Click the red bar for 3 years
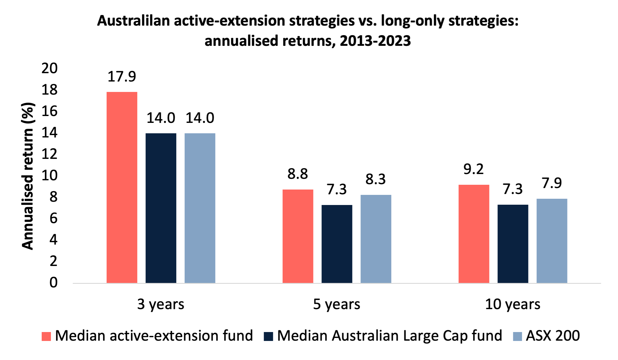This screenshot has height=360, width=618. click(x=122, y=187)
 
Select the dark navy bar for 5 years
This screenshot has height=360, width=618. click(x=337, y=244)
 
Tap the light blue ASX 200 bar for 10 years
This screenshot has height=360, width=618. click(x=552, y=241)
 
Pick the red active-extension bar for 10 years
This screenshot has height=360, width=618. click(x=474, y=234)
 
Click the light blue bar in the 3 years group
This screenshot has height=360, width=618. click(x=200, y=208)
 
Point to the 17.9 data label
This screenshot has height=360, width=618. click(x=122, y=77)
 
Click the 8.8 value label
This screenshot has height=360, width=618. click(x=297, y=174)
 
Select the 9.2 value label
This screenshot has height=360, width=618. click(x=473, y=169)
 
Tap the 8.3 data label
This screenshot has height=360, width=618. click(x=375, y=179)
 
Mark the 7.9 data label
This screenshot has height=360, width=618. click(x=552, y=183)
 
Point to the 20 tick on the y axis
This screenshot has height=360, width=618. click(x=49, y=68)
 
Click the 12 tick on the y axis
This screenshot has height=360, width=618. click(x=49, y=154)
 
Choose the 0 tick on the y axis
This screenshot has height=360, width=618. click(x=53, y=283)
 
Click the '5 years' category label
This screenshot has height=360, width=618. click(x=336, y=304)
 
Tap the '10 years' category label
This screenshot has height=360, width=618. click(x=513, y=304)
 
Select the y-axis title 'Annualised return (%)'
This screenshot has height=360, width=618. click(x=28, y=176)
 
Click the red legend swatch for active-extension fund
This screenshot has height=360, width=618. click(x=46, y=336)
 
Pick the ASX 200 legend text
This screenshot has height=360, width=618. click(x=553, y=336)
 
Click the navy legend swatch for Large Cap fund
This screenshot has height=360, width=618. click(x=268, y=336)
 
